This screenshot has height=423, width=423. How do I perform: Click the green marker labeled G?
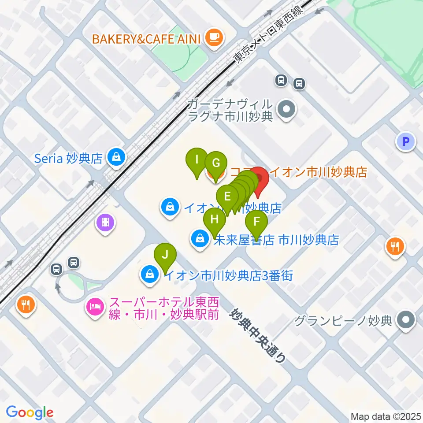tap(215, 163)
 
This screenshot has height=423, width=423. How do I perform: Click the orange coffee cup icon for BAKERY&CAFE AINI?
tap(214, 37)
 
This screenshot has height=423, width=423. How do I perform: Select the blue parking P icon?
tap(406, 142)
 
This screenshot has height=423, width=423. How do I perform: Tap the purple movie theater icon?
tap(105, 223)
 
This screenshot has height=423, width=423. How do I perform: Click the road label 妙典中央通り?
tap(257, 335)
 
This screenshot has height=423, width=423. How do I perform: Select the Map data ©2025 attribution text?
tap(385, 416)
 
